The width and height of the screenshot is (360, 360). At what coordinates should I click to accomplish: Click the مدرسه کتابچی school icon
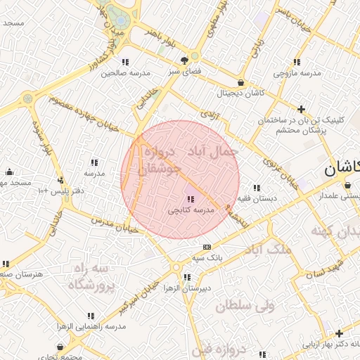tap(191, 200)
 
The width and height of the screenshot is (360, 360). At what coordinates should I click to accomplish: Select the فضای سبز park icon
tap(184, 60)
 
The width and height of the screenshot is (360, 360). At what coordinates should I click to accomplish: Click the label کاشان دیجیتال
tap(240, 93)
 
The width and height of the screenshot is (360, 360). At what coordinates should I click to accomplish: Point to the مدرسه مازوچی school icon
tap(297, 62)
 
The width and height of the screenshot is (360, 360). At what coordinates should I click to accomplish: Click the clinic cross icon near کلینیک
tap(302, 109)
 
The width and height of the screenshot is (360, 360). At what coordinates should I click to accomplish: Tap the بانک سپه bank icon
tap(206, 247)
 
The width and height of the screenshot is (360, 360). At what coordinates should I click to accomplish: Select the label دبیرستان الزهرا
tap(185, 288)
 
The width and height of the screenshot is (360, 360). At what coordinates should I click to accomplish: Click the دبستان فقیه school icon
tap(257, 188)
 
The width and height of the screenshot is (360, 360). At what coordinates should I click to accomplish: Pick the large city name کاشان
tap(342, 168)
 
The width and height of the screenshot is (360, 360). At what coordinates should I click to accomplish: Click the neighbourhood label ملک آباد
tap(266, 249)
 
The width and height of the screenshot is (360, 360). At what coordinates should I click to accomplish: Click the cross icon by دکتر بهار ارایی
tap(339, 333)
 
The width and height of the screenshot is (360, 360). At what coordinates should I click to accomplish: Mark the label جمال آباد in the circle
tap(212, 152)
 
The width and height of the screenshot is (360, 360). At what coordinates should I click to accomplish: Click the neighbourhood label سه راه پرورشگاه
tap(91, 277)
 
